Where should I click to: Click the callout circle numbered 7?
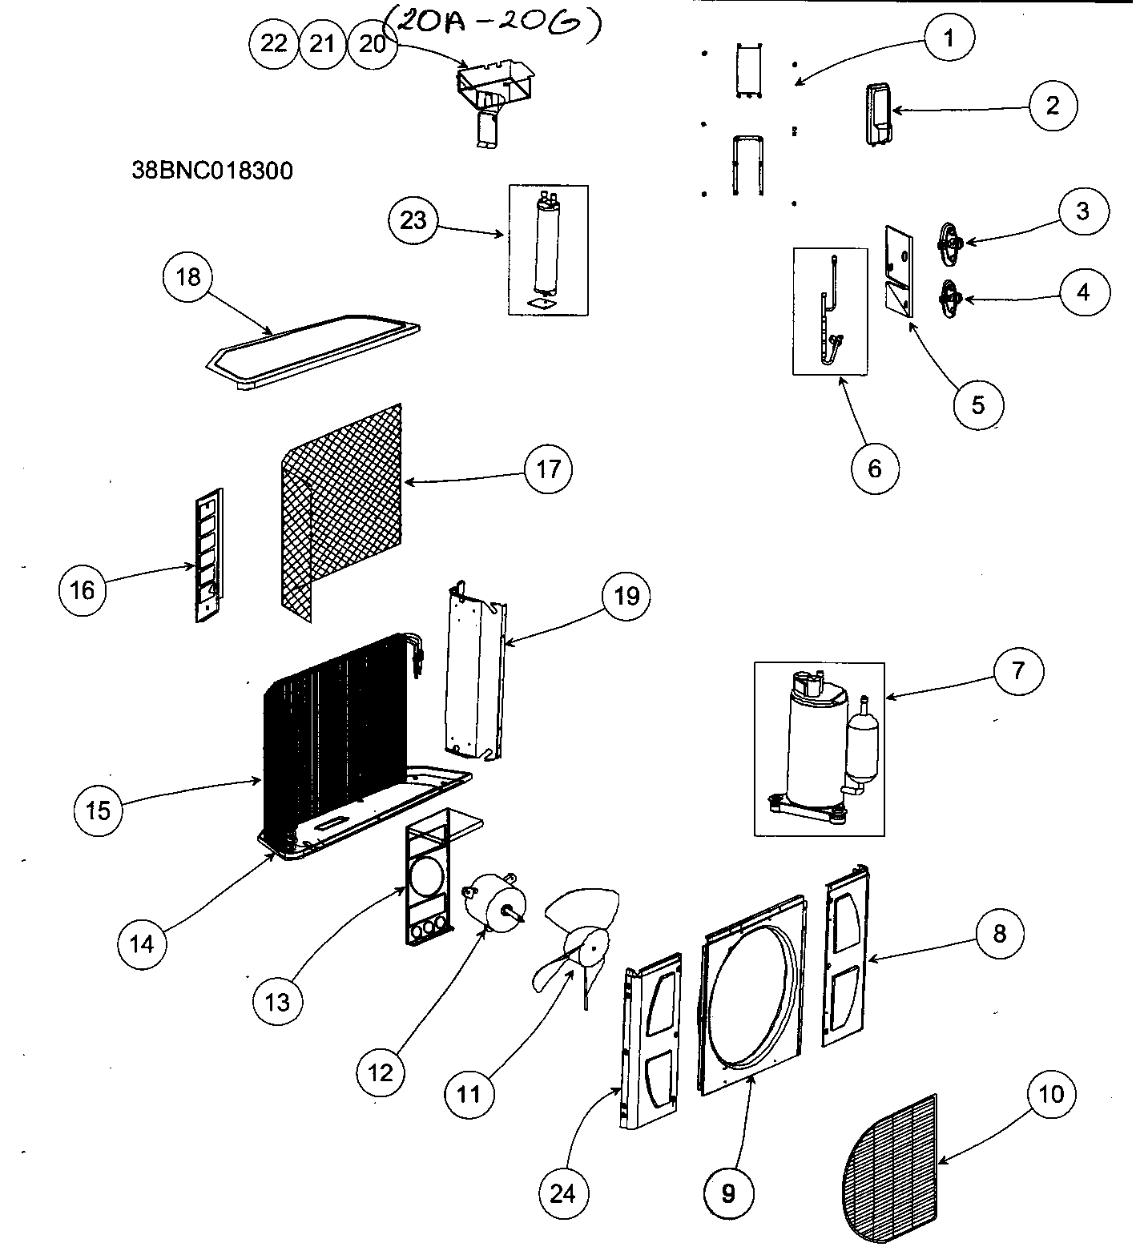[1018, 670]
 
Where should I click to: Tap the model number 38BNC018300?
[212, 171]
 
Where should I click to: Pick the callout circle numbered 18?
[187, 277]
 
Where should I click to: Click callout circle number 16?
[83, 590]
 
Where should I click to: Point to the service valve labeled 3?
[950, 240]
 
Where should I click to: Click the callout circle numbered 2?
[1052, 105]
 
